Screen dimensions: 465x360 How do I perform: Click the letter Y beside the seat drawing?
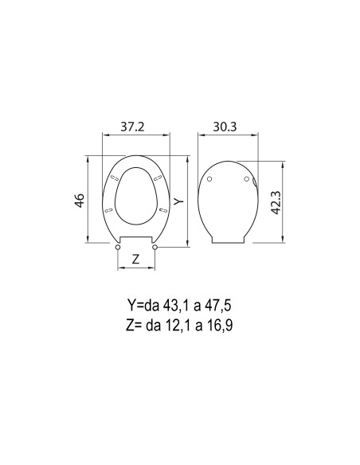pos(179,202)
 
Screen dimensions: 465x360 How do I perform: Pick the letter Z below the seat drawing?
pos(135,259)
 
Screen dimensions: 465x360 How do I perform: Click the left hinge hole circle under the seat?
pos(119,248)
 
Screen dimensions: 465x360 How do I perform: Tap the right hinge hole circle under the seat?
pos(155,248)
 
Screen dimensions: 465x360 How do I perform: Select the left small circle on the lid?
pos(209,180)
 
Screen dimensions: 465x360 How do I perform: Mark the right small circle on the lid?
pos(245,180)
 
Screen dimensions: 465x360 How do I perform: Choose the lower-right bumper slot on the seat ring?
pos(163,209)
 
